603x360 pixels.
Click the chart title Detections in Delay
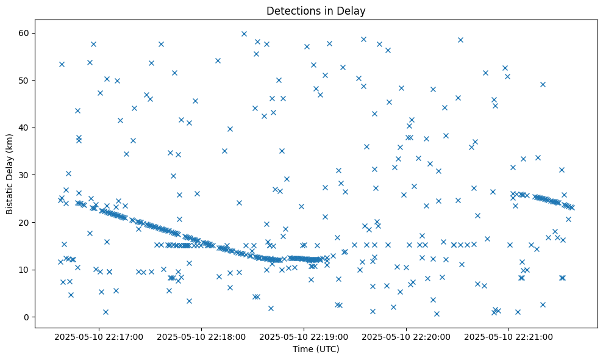[x=316, y=10]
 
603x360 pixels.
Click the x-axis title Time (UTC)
[x=316, y=349]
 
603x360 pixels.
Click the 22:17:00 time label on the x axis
[x=98, y=336]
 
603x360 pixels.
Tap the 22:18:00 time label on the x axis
[x=201, y=336]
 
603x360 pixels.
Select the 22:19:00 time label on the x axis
[x=303, y=336]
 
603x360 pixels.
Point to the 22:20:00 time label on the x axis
[x=405, y=336]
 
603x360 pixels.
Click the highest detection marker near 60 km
[x=244, y=34]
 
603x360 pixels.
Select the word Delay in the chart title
[x=353, y=10]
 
